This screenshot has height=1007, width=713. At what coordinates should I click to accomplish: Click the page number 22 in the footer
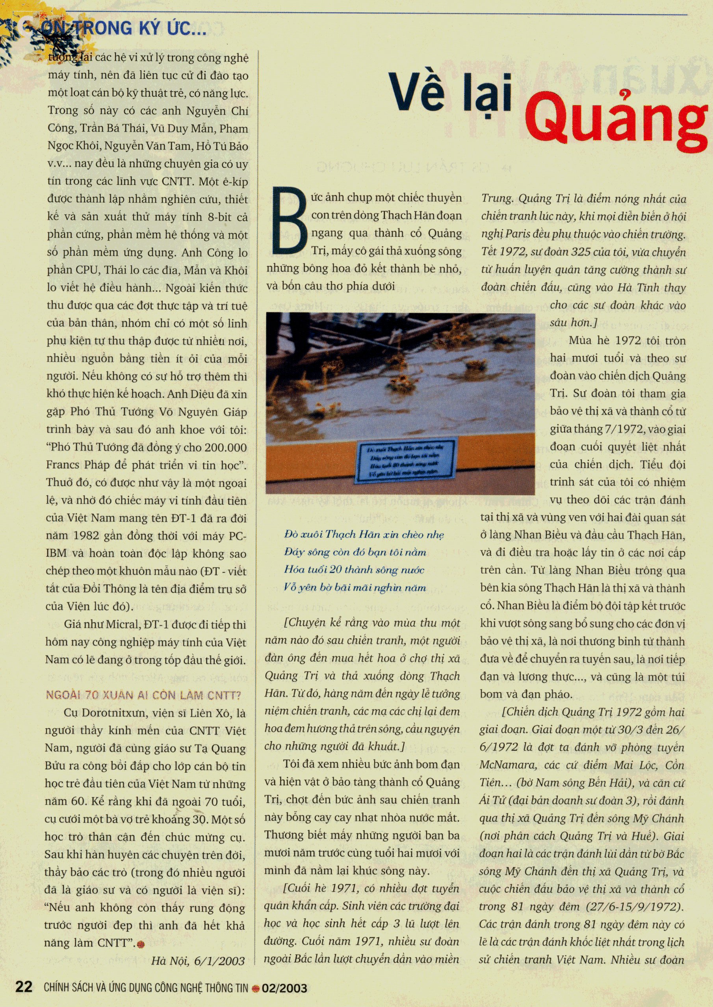(24, 987)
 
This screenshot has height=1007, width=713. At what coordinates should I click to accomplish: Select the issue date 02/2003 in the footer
(284, 988)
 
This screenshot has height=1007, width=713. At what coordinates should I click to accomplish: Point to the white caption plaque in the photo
(406, 460)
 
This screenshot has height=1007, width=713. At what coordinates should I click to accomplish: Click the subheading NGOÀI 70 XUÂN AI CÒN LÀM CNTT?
(143, 695)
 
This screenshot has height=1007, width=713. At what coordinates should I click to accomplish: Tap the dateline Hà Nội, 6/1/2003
(198, 961)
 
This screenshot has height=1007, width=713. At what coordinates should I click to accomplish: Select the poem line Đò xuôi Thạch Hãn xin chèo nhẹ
(364, 534)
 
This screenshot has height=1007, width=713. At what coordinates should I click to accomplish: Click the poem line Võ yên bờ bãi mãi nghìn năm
(355, 587)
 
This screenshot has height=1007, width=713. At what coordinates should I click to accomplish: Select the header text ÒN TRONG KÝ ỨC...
(123, 29)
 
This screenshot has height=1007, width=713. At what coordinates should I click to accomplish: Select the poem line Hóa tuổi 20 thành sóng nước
(354, 570)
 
